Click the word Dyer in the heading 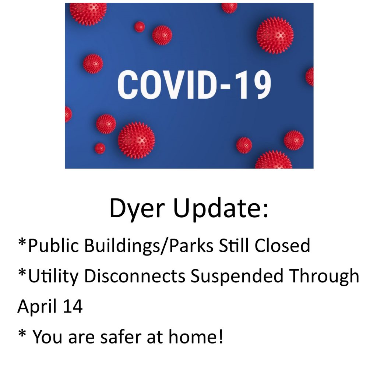tap(137, 209)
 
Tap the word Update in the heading tap(217, 208)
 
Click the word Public tap(53, 245)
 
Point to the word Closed tap(282, 245)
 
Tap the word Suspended tap(237, 276)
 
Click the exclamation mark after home tap(221, 337)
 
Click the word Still tap(234, 245)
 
